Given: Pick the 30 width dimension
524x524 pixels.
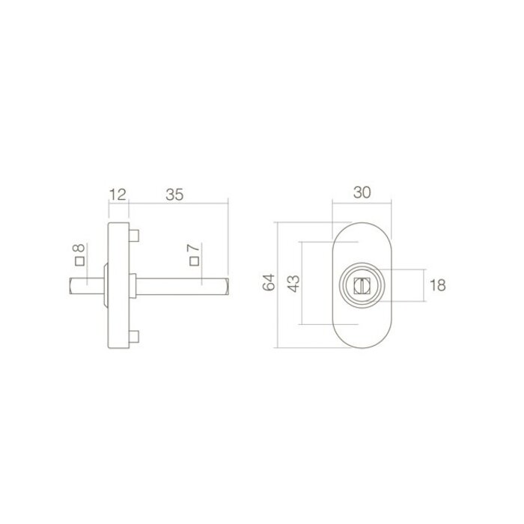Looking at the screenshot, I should [x=362, y=192].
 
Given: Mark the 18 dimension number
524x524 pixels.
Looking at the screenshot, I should [x=439, y=284].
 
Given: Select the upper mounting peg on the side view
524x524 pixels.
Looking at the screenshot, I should [x=133, y=235].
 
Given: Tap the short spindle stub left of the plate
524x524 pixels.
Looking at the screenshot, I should [x=84, y=284].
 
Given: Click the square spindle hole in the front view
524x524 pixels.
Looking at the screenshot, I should [x=362, y=284].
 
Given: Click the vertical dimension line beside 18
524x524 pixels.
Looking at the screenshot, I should [x=424, y=284].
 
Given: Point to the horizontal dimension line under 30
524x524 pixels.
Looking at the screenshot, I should [x=362, y=203].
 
